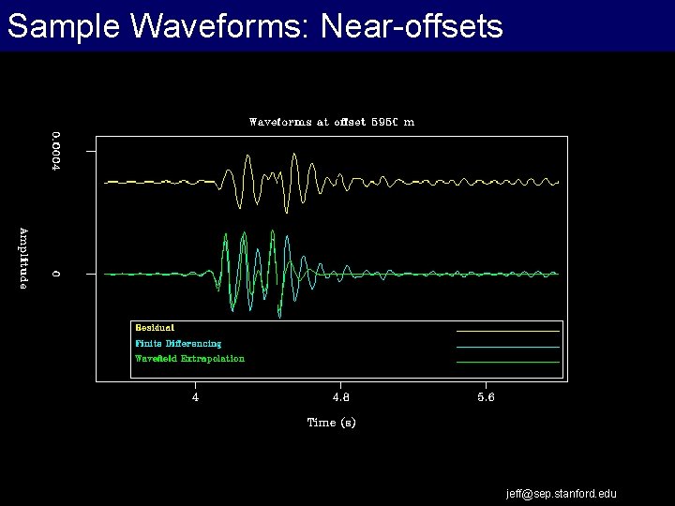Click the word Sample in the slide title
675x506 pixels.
pos(63,26)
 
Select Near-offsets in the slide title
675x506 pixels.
pos(412,26)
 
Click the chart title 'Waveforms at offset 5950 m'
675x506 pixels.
pos(331,122)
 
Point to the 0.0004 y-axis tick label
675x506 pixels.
pos(56,150)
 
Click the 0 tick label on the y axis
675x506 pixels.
pos(56,274)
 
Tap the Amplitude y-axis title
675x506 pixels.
pos(24,258)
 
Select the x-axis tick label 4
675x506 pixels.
pos(195,396)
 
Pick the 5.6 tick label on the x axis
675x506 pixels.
pos(485,396)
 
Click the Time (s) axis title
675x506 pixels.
pos(332,423)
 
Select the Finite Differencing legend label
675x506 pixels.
pos(178,344)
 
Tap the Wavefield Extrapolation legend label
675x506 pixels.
pos(189,359)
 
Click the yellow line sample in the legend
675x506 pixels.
pos(507,331)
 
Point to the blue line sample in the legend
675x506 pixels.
pos(507,347)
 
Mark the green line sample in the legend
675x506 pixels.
pos(507,362)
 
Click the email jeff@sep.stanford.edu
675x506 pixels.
pos(562,494)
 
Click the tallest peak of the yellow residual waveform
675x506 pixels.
pos(247,156)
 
